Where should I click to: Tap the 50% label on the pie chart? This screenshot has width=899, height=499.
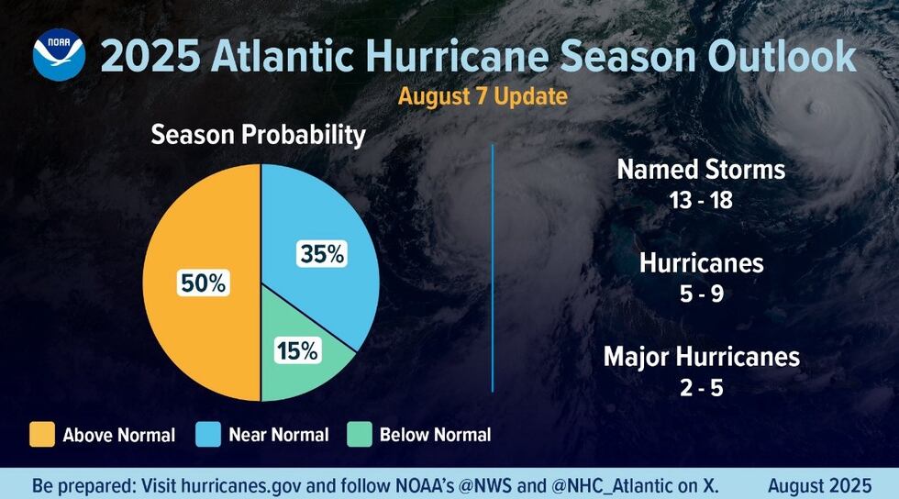(202, 283)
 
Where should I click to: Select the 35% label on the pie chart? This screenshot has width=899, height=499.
(322, 254)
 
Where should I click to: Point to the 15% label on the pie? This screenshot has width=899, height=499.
(295, 349)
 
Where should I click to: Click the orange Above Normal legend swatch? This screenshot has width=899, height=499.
(41, 434)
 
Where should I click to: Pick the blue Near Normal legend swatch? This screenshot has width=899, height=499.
(208, 434)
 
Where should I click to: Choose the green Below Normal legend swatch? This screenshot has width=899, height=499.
(359, 434)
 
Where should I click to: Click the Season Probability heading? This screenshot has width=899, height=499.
(258, 135)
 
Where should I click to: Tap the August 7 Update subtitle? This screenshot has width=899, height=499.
(482, 95)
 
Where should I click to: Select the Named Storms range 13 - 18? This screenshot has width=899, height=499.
(701, 200)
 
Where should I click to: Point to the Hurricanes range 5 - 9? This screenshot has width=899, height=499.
(701, 294)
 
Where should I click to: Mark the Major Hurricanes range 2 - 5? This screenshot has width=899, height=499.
(701, 387)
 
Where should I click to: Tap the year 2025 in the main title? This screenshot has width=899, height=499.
(149, 56)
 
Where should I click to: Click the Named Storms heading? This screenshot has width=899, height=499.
(701, 170)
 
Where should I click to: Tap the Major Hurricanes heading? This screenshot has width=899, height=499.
(701, 357)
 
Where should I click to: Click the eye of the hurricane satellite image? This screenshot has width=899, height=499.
(811, 108)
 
